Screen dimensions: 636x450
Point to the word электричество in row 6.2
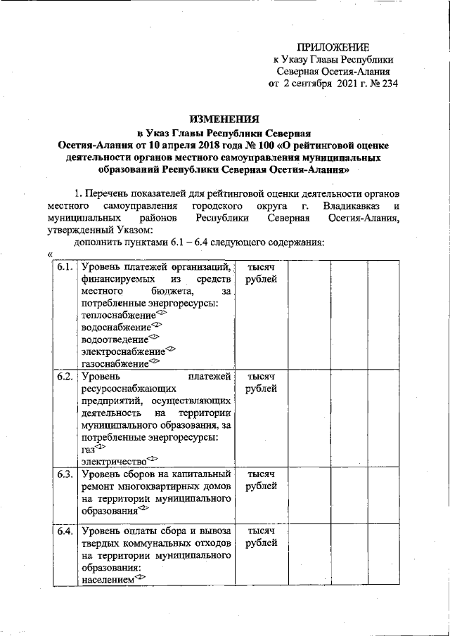click(113, 461)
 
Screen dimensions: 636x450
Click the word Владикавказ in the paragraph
click(350, 207)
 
